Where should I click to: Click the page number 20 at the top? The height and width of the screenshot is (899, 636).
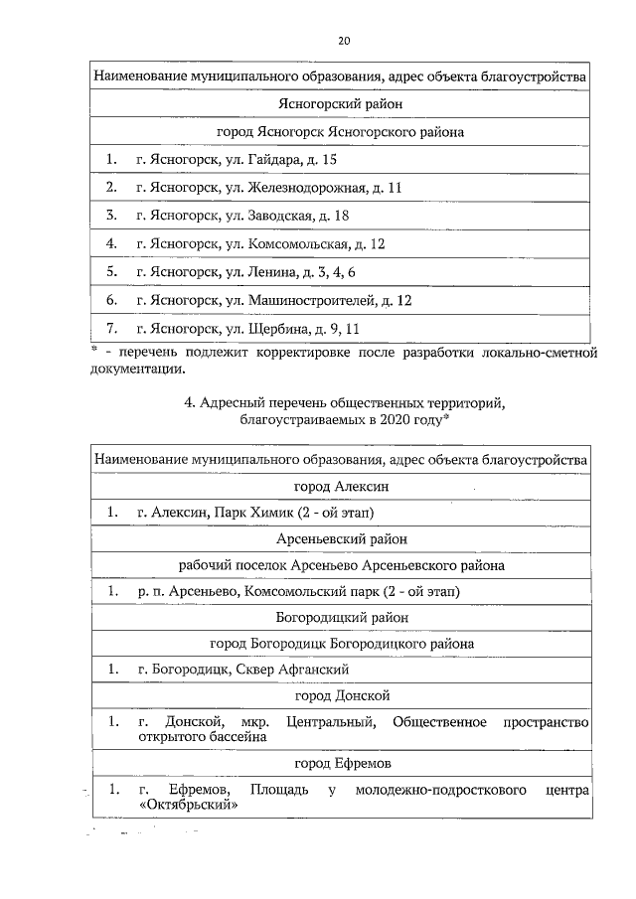click(x=343, y=41)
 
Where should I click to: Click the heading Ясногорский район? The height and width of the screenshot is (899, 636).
click(x=341, y=102)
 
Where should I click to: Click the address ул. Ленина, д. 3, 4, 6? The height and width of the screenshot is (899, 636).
click(x=289, y=271)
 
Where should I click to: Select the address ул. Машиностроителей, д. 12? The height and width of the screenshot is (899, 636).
click(x=317, y=299)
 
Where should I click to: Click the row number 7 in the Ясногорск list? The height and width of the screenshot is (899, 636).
click(x=111, y=328)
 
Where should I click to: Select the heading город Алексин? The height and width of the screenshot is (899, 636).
click(x=341, y=487)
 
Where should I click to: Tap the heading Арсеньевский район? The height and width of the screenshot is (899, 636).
click(x=341, y=539)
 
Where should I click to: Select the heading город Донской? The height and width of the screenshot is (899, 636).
click(x=341, y=695)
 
